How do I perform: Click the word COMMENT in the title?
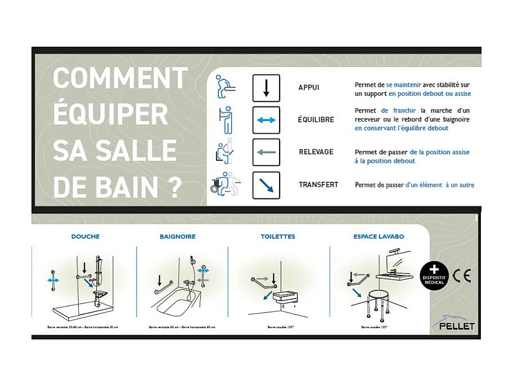pyautogui.click(x=120, y=77)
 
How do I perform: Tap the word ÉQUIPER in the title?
pyautogui.click(x=110, y=114)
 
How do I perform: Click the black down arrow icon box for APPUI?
pyautogui.click(x=266, y=88)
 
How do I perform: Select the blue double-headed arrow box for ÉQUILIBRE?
pyautogui.click(x=266, y=120)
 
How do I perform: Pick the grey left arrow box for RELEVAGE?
pyautogui.click(x=266, y=152)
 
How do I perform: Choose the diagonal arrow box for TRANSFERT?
pyautogui.click(x=266, y=185)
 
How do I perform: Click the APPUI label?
pyautogui.click(x=308, y=88)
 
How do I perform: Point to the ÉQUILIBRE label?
pyautogui.click(x=316, y=120)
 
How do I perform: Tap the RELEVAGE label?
pyautogui.click(x=316, y=152)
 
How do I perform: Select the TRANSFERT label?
pyautogui.click(x=318, y=185)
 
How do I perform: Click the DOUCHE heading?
pyautogui.click(x=85, y=237)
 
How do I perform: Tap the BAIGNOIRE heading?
pyautogui.click(x=178, y=237)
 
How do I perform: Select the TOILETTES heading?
pyautogui.click(x=278, y=237)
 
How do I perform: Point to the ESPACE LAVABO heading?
pyautogui.click(x=379, y=237)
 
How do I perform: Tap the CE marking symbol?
pyautogui.click(x=462, y=276)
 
